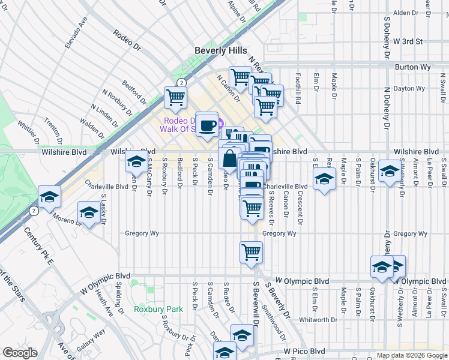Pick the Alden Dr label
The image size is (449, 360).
[405, 13]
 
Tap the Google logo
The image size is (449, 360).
[20, 352]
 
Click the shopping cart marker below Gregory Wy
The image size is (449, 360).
[251, 251]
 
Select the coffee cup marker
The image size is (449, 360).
[207, 125]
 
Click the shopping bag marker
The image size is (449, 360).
[230, 160]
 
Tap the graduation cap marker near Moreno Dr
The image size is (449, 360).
[89, 213]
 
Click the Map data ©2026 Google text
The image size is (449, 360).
[411, 355]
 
